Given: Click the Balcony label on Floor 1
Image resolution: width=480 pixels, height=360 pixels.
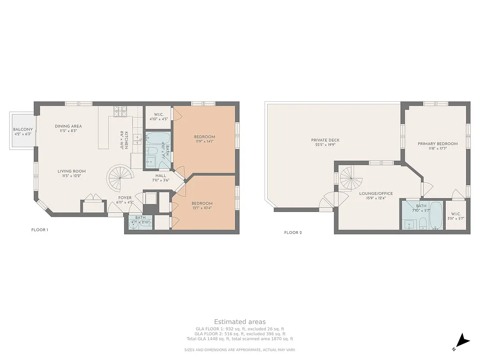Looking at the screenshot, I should pos(22,130).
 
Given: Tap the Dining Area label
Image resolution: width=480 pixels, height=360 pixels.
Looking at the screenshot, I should pos(68,126).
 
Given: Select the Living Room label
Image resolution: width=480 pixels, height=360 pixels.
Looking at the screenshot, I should pos(71,171).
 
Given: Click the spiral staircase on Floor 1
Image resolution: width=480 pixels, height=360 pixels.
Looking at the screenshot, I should pos(121,177).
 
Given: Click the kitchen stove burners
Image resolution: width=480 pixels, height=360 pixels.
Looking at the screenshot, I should pos(120,112).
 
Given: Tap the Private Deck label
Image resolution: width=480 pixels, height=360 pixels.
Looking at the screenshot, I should pos(325,140).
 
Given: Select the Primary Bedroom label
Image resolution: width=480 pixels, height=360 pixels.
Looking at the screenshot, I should pos(437,144).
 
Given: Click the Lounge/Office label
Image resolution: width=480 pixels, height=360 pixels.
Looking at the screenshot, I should pos(376,193).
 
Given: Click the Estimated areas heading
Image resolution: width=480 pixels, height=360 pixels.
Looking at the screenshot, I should pos(240,322).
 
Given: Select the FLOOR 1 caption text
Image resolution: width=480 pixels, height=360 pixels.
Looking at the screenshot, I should pos(40,230).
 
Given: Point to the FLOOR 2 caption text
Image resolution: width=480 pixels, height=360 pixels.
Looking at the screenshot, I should pos(293,233).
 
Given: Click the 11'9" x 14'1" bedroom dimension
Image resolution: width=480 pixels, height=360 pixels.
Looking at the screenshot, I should pos(204,141).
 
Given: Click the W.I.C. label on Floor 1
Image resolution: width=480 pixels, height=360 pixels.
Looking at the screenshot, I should pos(158,114).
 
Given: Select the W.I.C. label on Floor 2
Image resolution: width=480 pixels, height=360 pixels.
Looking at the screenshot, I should pos(456,214).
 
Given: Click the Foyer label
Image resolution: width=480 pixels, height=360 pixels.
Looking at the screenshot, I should pos(125,198).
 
